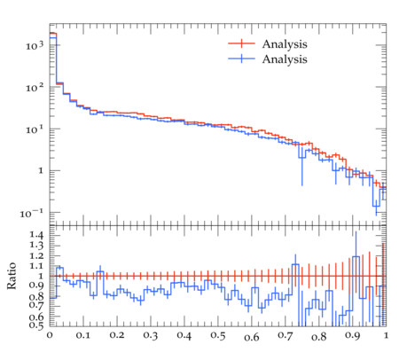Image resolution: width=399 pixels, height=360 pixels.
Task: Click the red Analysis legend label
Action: click(285, 44)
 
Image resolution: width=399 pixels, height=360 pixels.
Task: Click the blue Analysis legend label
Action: click(285, 59)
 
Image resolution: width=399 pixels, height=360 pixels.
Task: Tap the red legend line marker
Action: click(241, 43)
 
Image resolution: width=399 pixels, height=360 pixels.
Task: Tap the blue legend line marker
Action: click(241, 59)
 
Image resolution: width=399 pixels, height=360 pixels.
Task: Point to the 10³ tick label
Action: click(35, 45)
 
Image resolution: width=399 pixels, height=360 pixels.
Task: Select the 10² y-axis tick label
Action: click(35, 88)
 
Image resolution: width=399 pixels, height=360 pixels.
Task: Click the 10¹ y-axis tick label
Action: click(35, 129)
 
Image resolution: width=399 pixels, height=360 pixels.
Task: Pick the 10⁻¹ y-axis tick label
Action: click(32, 213)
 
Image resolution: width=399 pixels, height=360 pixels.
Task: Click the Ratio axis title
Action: click(12, 276)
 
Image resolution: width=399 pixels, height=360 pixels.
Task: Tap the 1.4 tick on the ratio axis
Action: click(36, 235)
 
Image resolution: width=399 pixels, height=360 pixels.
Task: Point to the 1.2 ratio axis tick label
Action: click(36, 255)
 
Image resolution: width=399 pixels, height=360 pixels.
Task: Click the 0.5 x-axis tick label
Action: click(218, 336)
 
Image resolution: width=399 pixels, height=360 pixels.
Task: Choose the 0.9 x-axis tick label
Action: click(353, 336)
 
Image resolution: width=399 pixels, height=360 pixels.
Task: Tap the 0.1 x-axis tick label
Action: click(83, 335)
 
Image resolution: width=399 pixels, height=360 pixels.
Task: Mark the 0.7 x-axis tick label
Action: click(286, 335)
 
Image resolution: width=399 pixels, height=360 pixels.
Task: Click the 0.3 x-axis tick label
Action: click(151, 336)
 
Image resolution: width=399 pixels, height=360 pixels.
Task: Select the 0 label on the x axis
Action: click(50, 336)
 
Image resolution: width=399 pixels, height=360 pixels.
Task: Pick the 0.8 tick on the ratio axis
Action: click(36, 296)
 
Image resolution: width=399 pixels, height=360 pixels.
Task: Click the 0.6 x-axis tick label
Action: click(252, 337)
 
